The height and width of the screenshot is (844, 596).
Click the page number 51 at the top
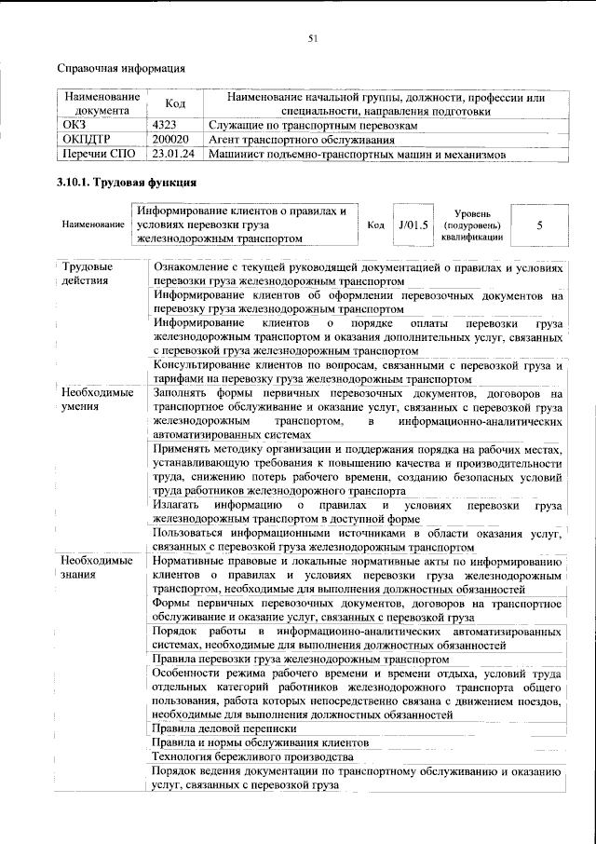pyautogui.click(x=314, y=37)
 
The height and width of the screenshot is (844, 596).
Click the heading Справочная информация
pyautogui.click(x=121, y=68)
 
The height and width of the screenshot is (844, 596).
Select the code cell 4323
pyautogui.click(x=165, y=125)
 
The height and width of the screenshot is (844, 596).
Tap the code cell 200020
pyautogui.click(x=170, y=140)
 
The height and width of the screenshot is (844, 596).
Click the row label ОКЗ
pyautogui.click(x=74, y=125)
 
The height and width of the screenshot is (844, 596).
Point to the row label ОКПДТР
pyautogui.click(x=86, y=140)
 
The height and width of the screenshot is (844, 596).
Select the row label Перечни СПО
pyautogui.click(x=98, y=155)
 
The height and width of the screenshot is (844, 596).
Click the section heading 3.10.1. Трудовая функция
pyautogui.click(x=127, y=183)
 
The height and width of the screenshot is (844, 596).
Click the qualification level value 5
pyautogui.click(x=540, y=225)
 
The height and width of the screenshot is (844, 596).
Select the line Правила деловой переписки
pyautogui.click(x=224, y=728)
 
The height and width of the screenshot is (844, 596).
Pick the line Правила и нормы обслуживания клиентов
pyautogui.click(x=261, y=742)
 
